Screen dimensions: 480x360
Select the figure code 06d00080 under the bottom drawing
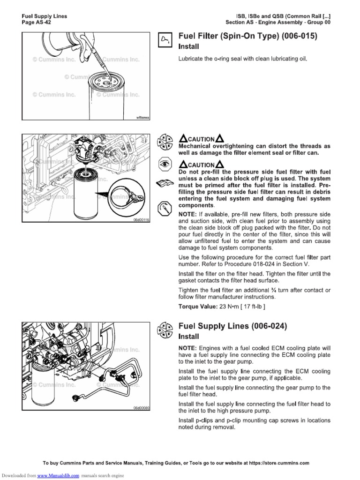(x=140, y=408)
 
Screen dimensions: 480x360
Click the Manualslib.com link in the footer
(x=64, y=475)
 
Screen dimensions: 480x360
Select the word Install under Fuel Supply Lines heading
(x=189, y=337)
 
